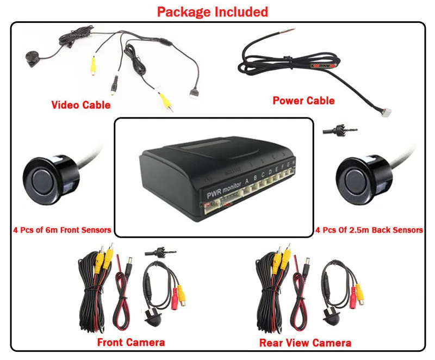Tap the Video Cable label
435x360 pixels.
pos(80,104)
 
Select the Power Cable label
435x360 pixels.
pos(303,100)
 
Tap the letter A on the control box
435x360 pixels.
pos(247,181)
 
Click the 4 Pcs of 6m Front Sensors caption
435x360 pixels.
pos(61,229)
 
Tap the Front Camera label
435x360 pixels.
pos(130,342)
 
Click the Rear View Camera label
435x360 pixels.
pos(305,343)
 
